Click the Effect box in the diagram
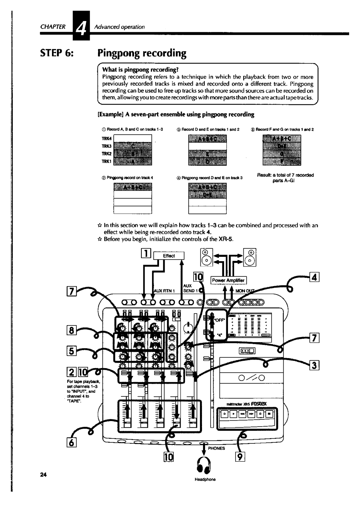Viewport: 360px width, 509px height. click(x=169, y=256)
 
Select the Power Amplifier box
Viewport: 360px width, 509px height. click(x=228, y=280)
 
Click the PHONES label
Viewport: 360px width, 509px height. click(x=217, y=448)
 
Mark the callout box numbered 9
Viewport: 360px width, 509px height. click(x=240, y=457)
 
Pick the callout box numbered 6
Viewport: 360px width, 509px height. click(x=73, y=443)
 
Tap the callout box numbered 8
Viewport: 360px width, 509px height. click(x=74, y=331)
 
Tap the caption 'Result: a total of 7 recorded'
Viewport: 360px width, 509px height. click(x=285, y=175)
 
